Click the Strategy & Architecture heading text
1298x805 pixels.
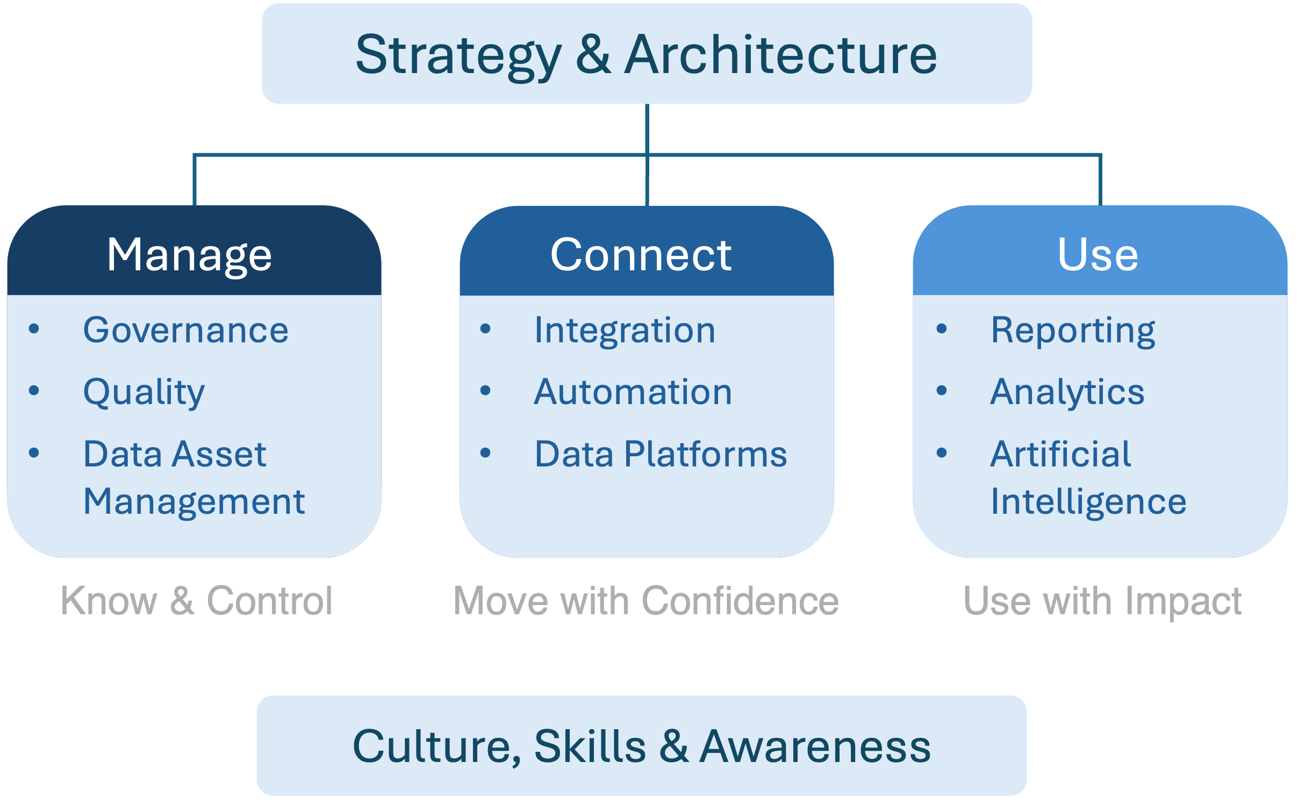tap(646, 55)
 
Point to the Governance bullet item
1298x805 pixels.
tap(185, 330)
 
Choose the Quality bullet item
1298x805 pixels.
tap(144, 392)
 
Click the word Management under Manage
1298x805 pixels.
tap(194, 502)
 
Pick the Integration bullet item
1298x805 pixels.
tap(625, 330)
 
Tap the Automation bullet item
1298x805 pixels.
tap(633, 392)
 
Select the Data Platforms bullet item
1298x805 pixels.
tap(661, 454)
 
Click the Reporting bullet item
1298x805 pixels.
tap(1073, 330)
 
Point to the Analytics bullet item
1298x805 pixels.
tap(1067, 392)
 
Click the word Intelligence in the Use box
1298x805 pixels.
tap(1088, 502)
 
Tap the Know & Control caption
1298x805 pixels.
tap(197, 601)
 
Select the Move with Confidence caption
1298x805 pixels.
tap(646, 601)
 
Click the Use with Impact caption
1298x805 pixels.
tap(1102, 601)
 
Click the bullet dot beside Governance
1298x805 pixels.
tap(34, 328)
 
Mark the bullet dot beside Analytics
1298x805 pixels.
tap(942, 390)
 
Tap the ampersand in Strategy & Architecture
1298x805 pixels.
tap(593, 55)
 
